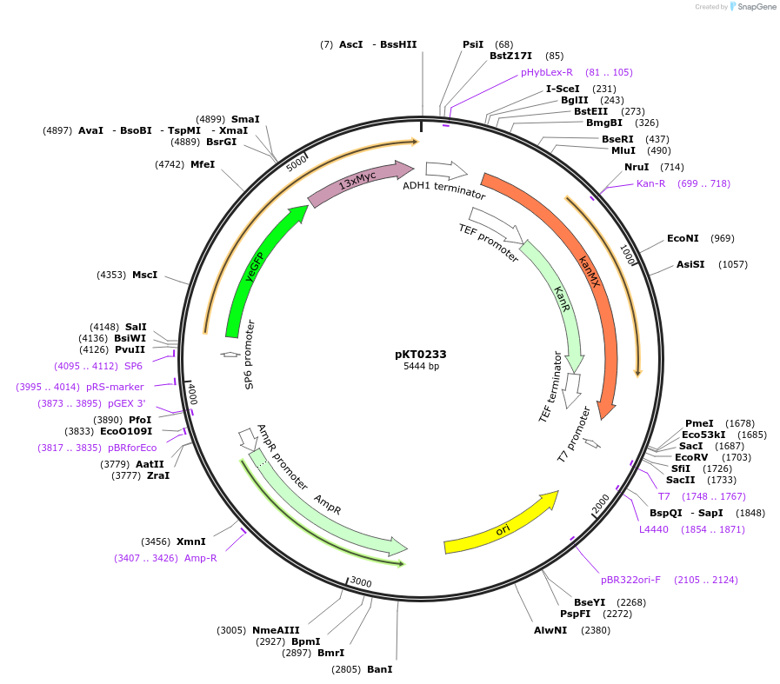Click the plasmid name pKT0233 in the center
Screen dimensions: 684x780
(x=420, y=354)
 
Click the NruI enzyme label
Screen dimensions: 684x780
(x=637, y=167)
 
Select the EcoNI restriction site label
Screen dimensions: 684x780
(x=683, y=238)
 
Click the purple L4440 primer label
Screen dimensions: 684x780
(x=654, y=529)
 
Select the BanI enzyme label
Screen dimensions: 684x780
(x=379, y=669)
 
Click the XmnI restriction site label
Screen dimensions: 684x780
(x=191, y=541)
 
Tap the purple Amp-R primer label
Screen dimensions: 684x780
(x=200, y=558)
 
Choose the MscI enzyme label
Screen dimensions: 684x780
(x=144, y=275)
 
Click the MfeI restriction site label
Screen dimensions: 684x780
(x=203, y=164)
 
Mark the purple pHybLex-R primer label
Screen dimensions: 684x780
(x=547, y=72)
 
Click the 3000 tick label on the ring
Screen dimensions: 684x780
(x=360, y=582)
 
